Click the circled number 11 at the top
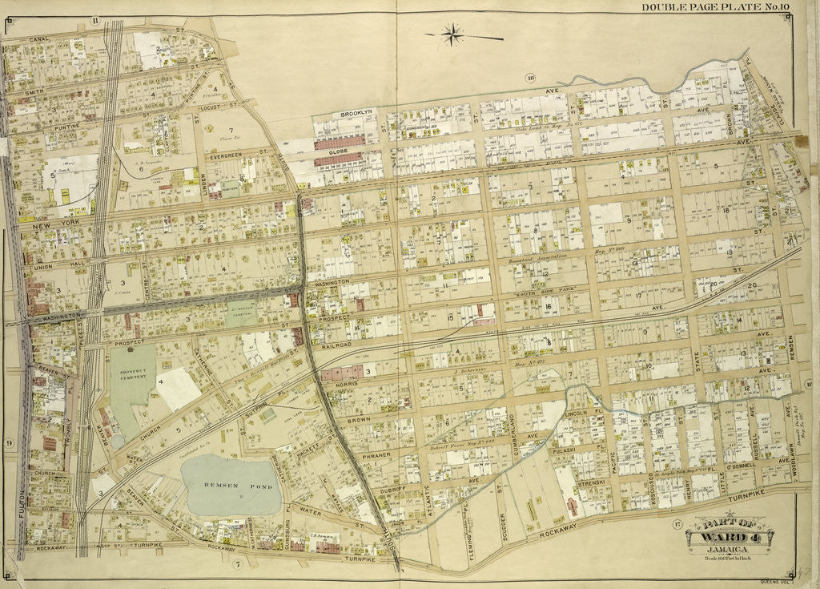point(94,21)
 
